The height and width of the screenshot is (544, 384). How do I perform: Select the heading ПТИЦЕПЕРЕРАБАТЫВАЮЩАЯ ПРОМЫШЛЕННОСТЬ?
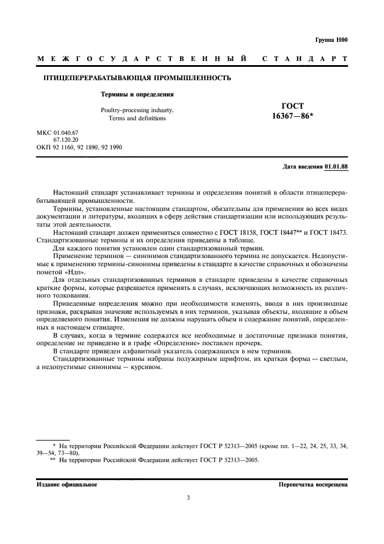(138, 77)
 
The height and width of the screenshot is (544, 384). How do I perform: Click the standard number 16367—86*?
(292, 117)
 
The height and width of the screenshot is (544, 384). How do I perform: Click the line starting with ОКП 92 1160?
(79, 148)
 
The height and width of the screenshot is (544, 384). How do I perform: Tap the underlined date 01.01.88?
(336, 167)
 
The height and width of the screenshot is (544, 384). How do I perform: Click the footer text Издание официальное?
(67, 484)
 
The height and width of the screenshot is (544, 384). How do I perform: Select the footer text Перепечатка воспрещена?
(313, 484)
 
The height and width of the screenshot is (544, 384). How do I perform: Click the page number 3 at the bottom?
(188, 498)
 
